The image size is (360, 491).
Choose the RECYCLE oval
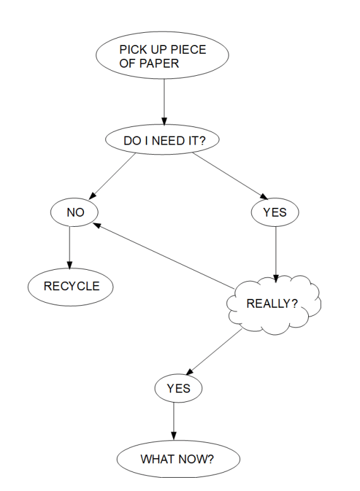(x=71, y=286)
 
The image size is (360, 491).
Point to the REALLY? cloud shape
(x=273, y=304)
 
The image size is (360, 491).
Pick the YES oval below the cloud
(x=177, y=389)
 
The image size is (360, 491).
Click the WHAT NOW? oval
(x=177, y=458)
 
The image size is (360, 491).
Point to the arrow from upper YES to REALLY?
(x=275, y=253)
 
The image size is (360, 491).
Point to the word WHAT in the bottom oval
(x=156, y=458)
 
